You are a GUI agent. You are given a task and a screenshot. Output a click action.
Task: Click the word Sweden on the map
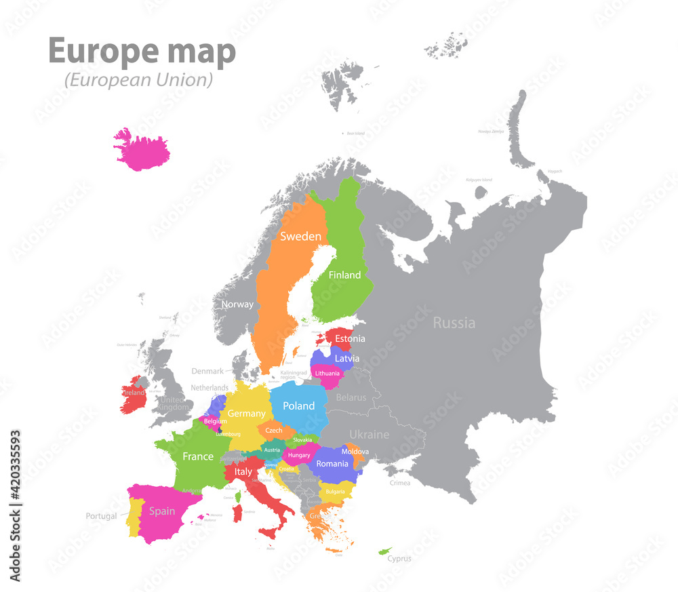[x=300, y=237]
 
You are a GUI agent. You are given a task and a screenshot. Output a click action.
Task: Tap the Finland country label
[x=344, y=275]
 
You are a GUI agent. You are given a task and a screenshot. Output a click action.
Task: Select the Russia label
[x=454, y=323]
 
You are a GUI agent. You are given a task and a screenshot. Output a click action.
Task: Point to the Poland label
[x=298, y=406]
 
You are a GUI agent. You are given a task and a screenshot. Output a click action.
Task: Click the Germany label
[x=246, y=414]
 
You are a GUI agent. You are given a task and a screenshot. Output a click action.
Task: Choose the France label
[x=198, y=456]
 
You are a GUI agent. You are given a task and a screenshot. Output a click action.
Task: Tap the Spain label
[x=162, y=511]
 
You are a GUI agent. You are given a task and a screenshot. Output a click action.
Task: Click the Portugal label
[x=102, y=516]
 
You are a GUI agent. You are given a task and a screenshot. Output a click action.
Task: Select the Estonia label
[x=350, y=338]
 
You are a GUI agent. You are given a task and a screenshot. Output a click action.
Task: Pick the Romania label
[x=332, y=464]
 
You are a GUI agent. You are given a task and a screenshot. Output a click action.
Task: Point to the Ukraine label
[x=369, y=435]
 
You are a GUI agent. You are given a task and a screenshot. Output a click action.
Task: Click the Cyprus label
[x=399, y=559]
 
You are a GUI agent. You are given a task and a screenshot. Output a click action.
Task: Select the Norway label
[x=237, y=304]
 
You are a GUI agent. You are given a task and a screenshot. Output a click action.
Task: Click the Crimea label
[x=400, y=483]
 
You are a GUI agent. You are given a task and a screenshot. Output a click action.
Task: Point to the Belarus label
[x=351, y=397]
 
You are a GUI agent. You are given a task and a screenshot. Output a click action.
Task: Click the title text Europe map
[x=142, y=52]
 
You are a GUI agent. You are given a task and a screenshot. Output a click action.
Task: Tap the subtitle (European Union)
[x=138, y=80]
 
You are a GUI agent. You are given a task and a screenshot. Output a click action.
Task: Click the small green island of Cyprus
[x=385, y=550]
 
